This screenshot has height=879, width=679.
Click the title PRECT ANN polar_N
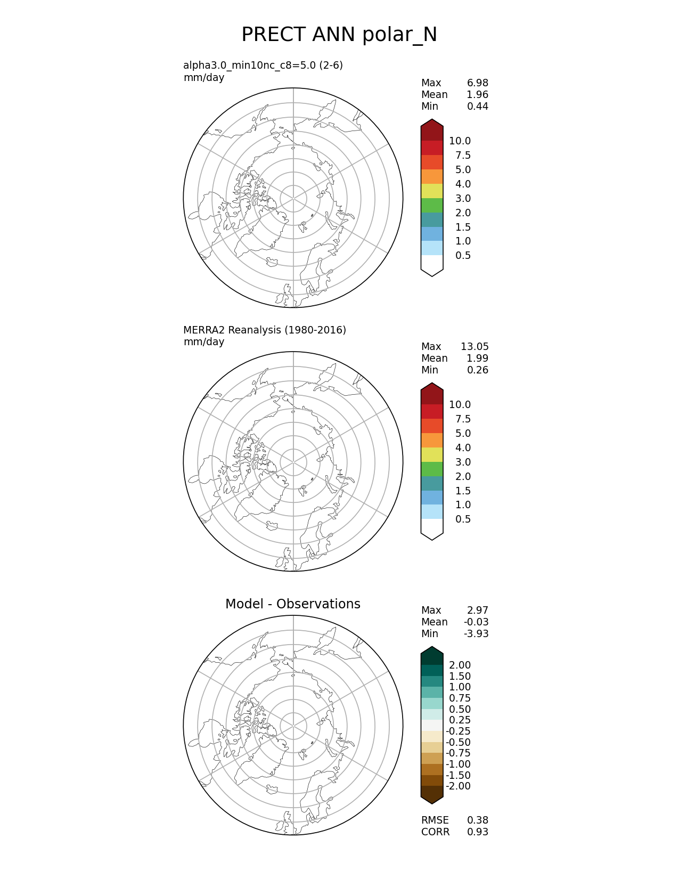click(339, 35)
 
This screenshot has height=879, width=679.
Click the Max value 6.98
click(477, 83)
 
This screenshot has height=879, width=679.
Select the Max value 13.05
click(474, 347)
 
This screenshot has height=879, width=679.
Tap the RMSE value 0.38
click(477, 820)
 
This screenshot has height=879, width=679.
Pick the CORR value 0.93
click(477, 832)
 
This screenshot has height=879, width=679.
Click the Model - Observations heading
click(292, 604)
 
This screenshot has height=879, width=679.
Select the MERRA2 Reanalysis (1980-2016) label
click(265, 330)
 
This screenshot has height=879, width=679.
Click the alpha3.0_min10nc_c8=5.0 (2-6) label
click(263, 66)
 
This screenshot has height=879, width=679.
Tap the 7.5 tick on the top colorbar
click(462, 156)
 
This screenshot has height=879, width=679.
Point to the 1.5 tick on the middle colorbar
click(462, 491)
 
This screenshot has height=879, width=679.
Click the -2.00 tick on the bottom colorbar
click(458, 786)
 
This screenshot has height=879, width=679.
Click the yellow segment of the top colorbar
click(432, 191)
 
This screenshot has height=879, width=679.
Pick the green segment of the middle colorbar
click(432, 469)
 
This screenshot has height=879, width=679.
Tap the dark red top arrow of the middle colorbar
click(432, 394)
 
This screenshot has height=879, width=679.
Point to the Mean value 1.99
click(477, 359)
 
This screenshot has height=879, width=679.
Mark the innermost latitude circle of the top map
click(293, 185)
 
